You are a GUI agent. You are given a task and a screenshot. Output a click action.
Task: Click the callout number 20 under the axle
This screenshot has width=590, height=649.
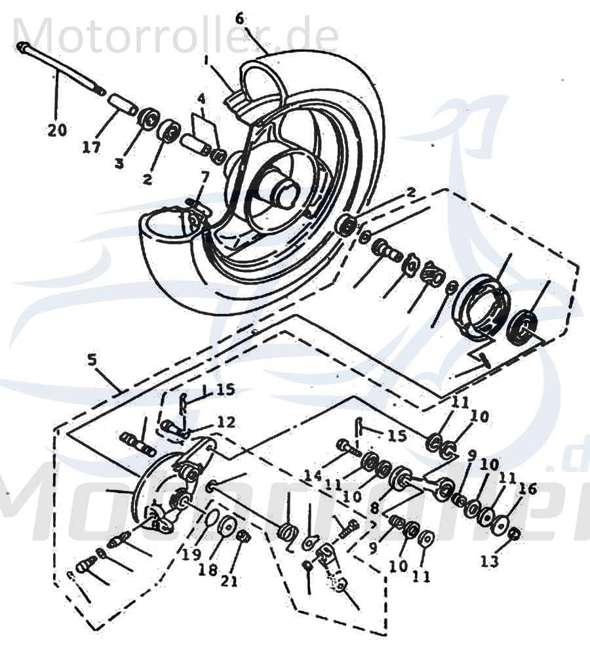(57, 130)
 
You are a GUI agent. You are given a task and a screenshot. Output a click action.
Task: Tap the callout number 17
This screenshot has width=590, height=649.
(92, 147)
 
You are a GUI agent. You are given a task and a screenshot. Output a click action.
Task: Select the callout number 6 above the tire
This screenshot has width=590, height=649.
(239, 18)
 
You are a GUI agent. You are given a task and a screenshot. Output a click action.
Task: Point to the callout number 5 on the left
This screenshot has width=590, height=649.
(91, 359)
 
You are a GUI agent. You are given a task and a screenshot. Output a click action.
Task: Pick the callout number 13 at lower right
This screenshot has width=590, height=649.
(489, 561)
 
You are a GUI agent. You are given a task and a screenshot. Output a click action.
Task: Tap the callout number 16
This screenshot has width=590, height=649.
(528, 488)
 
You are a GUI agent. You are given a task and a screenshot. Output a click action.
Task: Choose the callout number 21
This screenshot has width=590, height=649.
(229, 581)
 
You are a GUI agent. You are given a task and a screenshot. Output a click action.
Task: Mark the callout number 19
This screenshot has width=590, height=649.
(191, 555)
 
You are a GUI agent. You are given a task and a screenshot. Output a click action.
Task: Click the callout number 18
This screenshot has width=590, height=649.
(208, 570)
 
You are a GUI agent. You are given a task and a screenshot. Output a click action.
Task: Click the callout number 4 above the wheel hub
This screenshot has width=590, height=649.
(201, 99)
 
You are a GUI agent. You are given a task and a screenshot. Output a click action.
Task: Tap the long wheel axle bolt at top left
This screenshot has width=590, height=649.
(62, 67)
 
